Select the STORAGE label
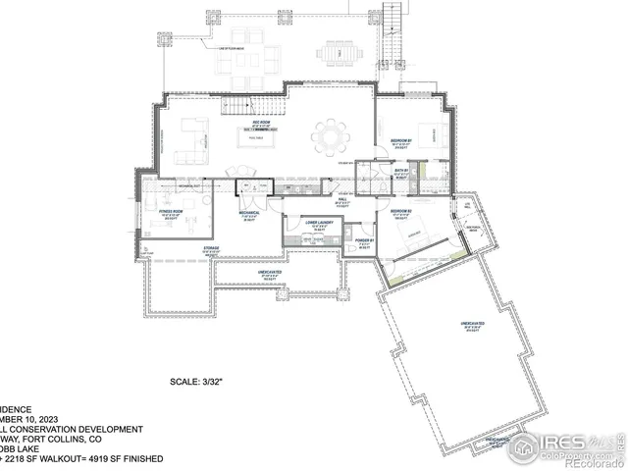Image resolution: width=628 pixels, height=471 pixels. point(211,249)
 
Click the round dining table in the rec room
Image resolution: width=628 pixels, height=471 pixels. point(330,133)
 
